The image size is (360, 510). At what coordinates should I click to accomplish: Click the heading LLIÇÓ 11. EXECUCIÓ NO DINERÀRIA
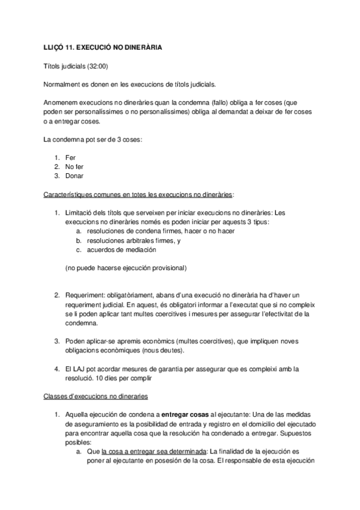point(102,46)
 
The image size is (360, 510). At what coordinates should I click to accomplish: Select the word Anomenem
point(63,103)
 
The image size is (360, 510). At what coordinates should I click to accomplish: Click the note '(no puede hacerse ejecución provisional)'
point(126,267)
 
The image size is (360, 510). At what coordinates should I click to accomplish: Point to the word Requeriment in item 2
point(84,295)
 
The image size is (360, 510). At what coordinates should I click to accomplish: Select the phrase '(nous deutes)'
point(182,350)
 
